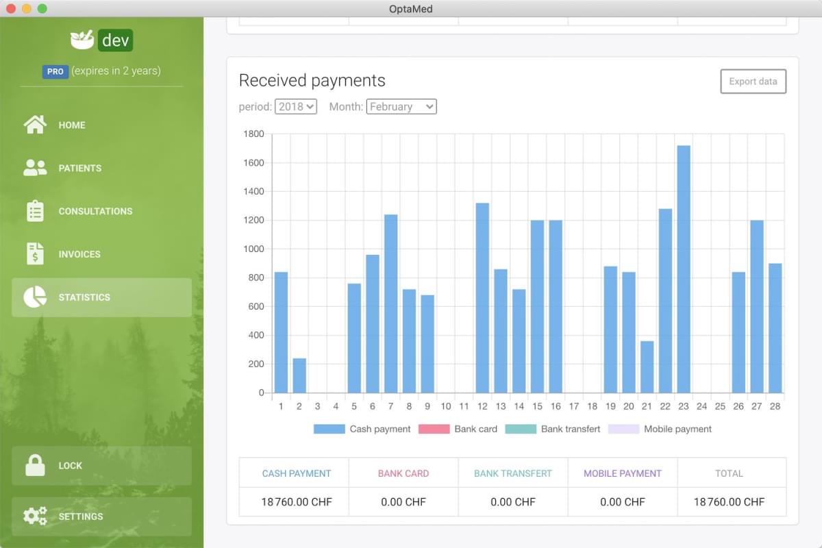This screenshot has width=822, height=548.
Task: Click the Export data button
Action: (753, 82)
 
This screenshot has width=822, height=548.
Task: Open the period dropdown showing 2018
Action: (296, 106)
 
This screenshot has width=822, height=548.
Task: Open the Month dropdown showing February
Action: (401, 106)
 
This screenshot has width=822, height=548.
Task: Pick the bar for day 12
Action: (482, 297)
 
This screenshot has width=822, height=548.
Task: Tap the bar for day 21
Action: (647, 366)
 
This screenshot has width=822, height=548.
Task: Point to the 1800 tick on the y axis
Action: (253, 134)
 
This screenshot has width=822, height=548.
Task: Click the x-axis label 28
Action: (775, 406)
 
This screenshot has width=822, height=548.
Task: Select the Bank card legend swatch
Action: (434, 429)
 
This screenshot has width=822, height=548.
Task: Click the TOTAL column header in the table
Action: (729, 473)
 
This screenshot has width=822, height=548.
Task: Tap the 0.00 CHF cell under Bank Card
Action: (403, 502)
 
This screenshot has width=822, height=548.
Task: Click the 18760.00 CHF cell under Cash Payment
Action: (297, 502)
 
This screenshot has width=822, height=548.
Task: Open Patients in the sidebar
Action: (79, 168)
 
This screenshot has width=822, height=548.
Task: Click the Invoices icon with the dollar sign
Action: (35, 254)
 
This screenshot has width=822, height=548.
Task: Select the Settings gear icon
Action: (35, 516)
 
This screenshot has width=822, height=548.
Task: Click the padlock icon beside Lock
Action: (35, 465)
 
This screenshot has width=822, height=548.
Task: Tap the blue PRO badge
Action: (55, 71)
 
